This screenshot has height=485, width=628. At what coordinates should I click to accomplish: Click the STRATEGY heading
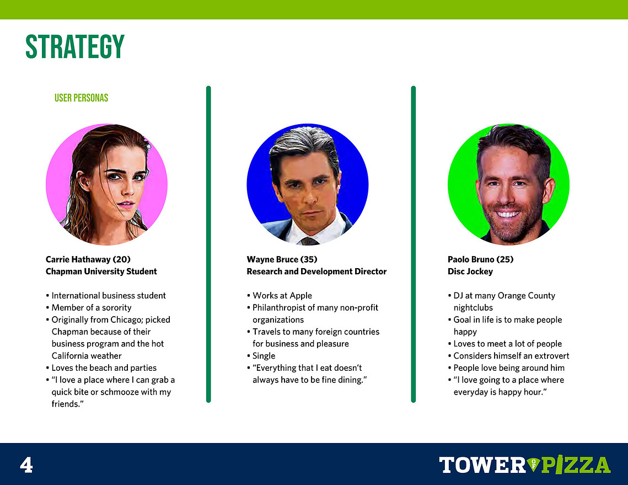coord(75,47)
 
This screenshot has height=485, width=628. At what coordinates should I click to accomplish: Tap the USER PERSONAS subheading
coord(81,98)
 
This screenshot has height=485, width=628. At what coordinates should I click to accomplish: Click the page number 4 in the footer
coord(26,465)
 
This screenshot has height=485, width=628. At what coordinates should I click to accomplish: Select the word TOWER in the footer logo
coord(482,465)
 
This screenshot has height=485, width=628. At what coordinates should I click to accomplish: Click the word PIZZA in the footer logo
coord(576,465)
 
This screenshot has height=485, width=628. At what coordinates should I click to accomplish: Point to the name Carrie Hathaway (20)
coord(88,259)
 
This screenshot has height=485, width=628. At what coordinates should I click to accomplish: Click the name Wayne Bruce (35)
coord(282,259)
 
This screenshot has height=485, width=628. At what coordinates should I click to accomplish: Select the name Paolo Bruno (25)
coord(481,259)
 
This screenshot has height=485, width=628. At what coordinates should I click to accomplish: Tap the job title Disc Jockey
coord(470,271)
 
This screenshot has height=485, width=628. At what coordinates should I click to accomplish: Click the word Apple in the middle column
coord(301,296)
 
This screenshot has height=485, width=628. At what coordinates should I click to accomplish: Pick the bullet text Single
coord(264,356)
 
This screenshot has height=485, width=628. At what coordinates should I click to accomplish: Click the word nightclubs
coord(473,308)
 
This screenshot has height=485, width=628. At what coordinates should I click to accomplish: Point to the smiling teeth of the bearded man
coord(508,214)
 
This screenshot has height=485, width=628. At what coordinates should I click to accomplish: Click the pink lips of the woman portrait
coord(125,205)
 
